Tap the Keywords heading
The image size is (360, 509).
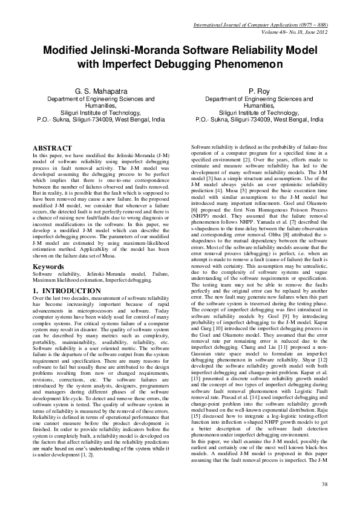click(x=48, y=266)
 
